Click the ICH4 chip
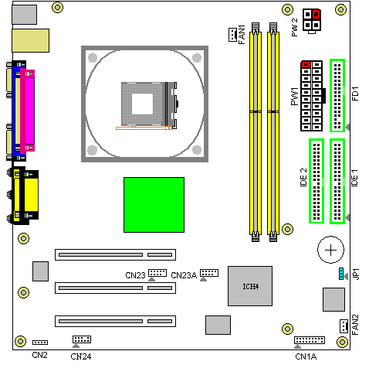point(250,286)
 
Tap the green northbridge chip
point(154,205)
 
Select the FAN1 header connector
point(232,35)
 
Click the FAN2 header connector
point(344,326)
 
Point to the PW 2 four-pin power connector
point(312,20)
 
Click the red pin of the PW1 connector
point(306,64)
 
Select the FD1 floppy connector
point(337,95)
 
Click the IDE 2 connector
point(317,181)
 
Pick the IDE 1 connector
point(337,181)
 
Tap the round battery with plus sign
point(330,250)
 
